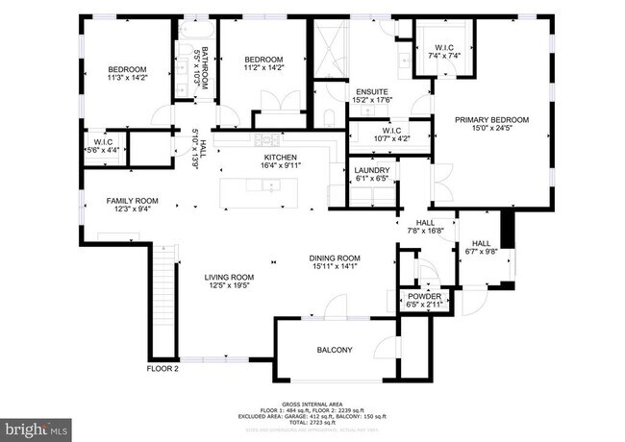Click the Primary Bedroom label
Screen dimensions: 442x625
pyautogui.click(x=491, y=119)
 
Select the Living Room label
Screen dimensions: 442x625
pyautogui.click(x=228, y=277)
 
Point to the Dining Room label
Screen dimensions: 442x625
pyautogui.click(x=334, y=258)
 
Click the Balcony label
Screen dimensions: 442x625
pyautogui.click(x=334, y=350)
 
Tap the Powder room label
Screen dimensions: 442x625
pyautogui.click(x=424, y=297)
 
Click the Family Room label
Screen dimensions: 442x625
pyautogui.click(x=132, y=201)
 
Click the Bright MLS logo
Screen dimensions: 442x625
pyautogui.click(x=36, y=425)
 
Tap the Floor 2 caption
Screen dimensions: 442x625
pyautogui.click(x=162, y=368)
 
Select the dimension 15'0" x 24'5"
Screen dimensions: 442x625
pyautogui.click(x=491, y=127)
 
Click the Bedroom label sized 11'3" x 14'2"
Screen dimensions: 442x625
pyautogui.click(x=126, y=69)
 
